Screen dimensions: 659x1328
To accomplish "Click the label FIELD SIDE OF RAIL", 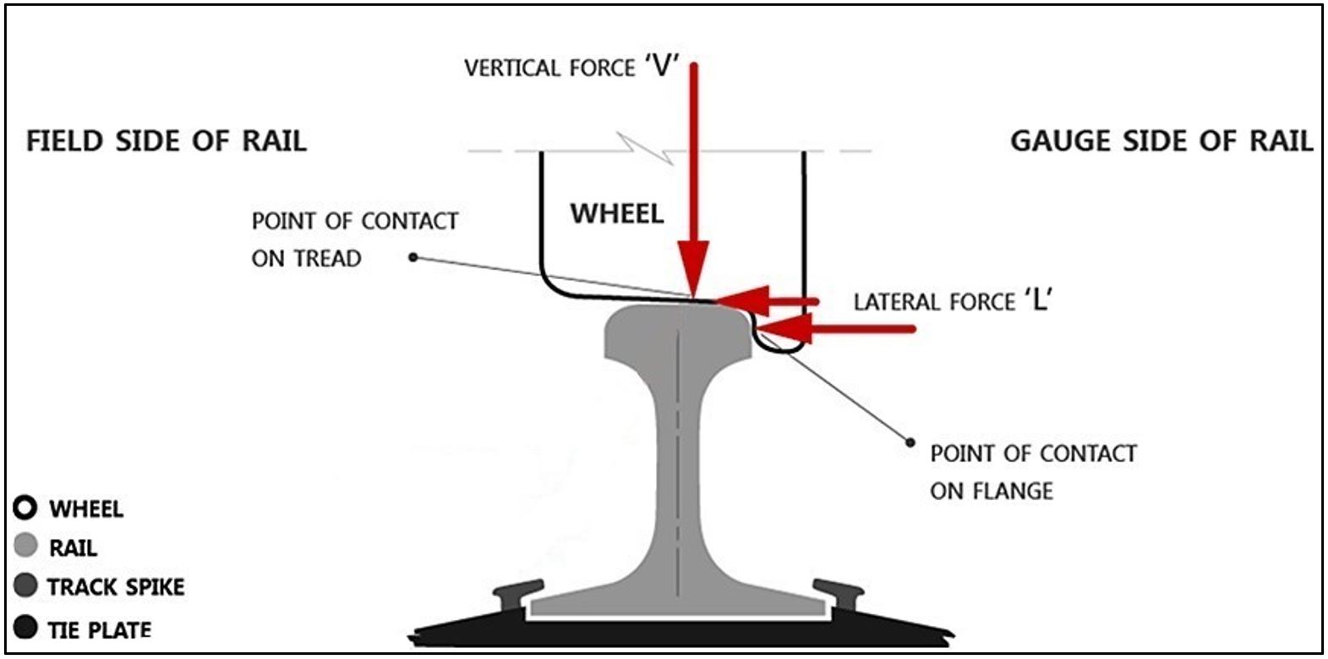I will [167, 140].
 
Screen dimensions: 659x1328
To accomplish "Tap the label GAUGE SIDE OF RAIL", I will [1161, 140].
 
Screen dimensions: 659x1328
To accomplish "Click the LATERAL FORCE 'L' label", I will [953, 300].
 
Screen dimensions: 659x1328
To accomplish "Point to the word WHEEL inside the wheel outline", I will [617, 213].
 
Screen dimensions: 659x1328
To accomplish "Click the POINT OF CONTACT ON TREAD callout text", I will [354, 239].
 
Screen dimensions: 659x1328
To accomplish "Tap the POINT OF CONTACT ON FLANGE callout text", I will [1033, 471].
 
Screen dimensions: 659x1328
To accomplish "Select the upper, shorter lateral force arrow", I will [769, 299].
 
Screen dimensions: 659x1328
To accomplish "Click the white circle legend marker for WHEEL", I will [25, 508].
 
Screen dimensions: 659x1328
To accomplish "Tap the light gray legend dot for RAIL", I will [26, 546].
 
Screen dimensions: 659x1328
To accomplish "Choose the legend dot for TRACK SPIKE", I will [26, 585].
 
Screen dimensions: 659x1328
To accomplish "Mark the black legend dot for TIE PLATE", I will [26, 629].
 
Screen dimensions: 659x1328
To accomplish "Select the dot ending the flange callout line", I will [910, 442].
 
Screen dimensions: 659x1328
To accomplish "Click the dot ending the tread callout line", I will [413, 256].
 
